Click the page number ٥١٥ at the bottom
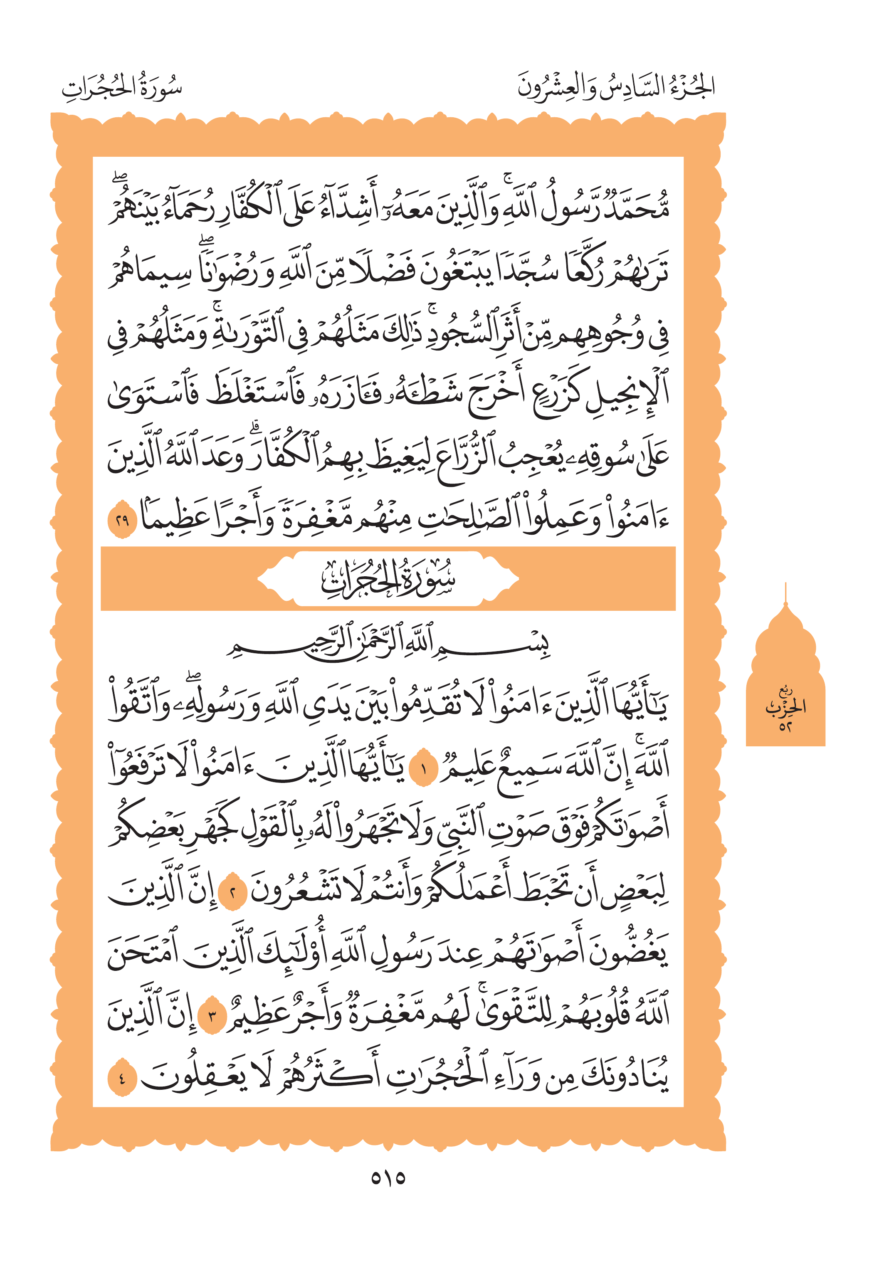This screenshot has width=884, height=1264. pos(388,1178)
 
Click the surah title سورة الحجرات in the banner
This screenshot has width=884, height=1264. pos(388,579)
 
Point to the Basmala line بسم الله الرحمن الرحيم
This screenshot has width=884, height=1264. pos(388,642)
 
